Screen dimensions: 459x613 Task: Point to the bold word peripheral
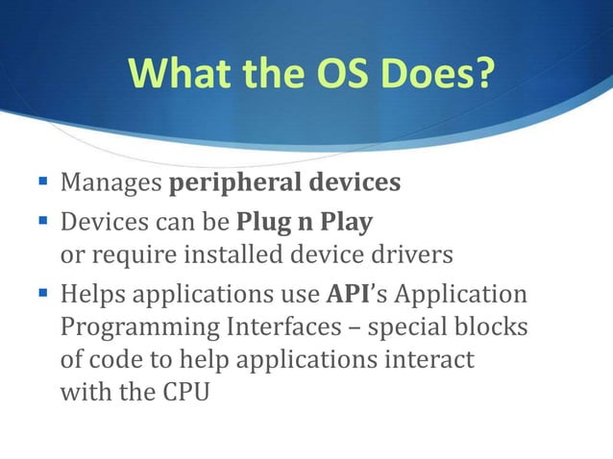click(229, 182)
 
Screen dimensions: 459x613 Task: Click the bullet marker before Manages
click(44, 181)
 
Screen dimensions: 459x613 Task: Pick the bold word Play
click(346, 223)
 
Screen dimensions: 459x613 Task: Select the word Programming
click(136, 327)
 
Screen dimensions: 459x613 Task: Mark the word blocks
click(495, 327)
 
